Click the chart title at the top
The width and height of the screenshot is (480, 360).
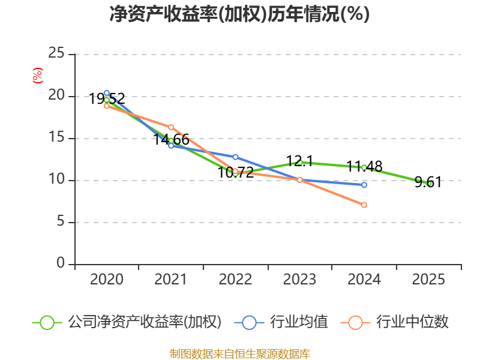click(239, 14)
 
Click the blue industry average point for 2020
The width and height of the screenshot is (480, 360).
click(107, 93)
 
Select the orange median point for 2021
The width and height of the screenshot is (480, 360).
click(171, 127)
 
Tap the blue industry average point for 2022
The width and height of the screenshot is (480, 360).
click(235, 157)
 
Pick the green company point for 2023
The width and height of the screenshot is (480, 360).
click(300, 162)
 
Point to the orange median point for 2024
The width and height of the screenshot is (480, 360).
click(364, 205)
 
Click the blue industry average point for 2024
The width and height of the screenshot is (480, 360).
click(364, 185)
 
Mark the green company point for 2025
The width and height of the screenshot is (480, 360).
click(429, 184)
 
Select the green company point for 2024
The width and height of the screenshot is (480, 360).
click(364, 167)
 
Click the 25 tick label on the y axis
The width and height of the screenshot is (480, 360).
click(56, 54)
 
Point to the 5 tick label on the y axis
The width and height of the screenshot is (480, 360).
click(61, 222)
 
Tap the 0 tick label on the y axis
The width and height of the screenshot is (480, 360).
click(61, 264)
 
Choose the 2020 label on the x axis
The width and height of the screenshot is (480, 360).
click(107, 280)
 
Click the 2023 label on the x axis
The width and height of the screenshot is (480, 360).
click(300, 280)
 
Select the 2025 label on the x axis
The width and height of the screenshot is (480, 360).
click(429, 280)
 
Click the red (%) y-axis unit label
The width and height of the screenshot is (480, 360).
click(38, 76)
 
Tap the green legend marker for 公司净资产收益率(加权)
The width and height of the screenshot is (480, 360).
click(47, 322)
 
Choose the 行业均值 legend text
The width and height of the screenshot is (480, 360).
click(299, 322)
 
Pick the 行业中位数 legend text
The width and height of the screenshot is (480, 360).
click(412, 322)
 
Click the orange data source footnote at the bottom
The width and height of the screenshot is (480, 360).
click(239, 354)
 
